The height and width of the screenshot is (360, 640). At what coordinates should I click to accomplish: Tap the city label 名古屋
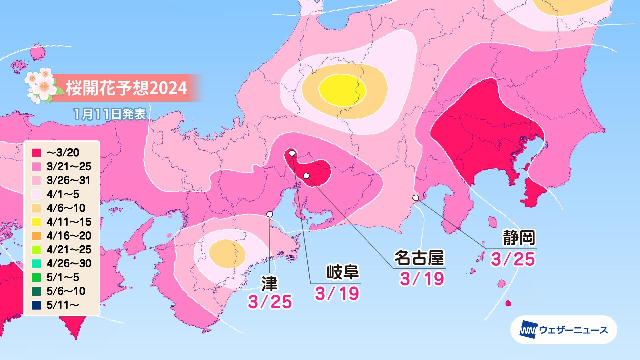point(419,258)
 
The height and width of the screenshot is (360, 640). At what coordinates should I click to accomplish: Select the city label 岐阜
point(342,273)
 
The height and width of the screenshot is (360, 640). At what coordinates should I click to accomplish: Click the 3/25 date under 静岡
point(513,259)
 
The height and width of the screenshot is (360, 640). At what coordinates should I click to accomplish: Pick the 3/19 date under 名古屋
point(422,278)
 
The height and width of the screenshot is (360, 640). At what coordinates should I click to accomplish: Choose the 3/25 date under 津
point(270,302)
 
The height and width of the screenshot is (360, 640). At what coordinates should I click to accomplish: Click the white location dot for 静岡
point(416,198)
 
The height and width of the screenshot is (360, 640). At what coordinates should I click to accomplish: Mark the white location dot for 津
point(270,214)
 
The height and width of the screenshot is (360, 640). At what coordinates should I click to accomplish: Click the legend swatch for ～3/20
point(37,153)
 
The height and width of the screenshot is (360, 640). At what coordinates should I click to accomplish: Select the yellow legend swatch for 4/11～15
point(37,222)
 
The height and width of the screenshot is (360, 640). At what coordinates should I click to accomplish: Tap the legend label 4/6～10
point(66,208)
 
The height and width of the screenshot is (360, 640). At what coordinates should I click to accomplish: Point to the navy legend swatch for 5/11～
point(37,305)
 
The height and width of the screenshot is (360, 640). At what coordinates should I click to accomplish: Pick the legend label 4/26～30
point(69,263)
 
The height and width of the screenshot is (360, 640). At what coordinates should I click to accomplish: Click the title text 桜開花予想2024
point(126,88)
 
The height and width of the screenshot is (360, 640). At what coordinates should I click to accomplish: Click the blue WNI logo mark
point(527,330)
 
